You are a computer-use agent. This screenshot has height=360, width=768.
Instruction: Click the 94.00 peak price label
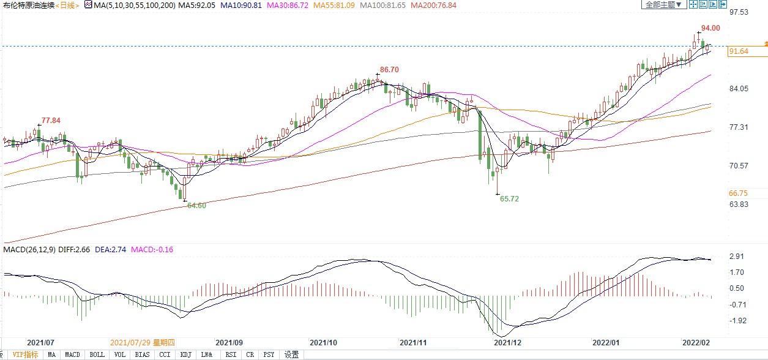click(x=710, y=28)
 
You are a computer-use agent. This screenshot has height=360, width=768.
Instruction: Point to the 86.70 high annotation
click(x=389, y=70)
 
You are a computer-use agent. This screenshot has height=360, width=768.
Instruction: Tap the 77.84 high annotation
click(x=51, y=121)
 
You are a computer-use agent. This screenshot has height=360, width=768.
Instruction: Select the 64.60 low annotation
click(x=196, y=206)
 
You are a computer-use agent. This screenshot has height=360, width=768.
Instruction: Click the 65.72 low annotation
click(x=509, y=199)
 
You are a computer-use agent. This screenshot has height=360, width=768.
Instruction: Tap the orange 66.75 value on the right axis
click(x=738, y=193)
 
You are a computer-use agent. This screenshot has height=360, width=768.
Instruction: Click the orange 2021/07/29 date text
click(x=142, y=343)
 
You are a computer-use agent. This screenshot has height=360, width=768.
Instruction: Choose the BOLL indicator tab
click(x=97, y=354)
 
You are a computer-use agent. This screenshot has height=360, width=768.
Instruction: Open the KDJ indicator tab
click(x=185, y=354)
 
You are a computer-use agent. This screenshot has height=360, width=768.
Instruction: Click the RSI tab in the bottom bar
click(x=231, y=354)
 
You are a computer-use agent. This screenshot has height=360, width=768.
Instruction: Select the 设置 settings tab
click(x=291, y=354)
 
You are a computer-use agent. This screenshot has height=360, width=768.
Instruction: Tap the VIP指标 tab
click(x=25, y=354)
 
